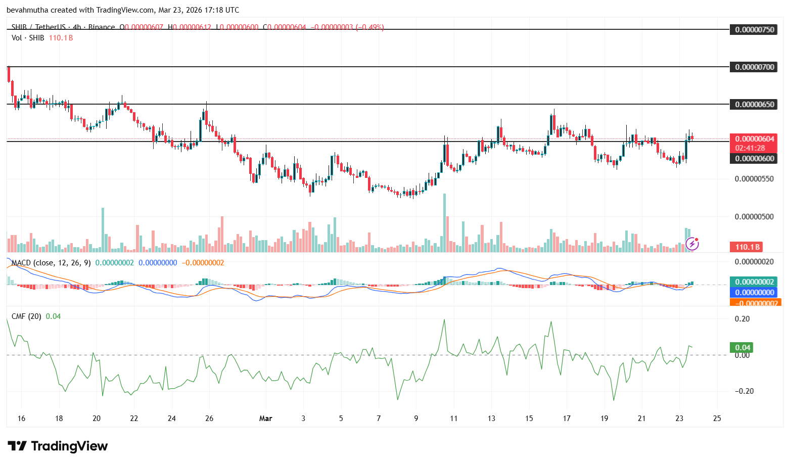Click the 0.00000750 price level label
point(754,29)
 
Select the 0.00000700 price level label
point(754,67)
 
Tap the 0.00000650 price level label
point(754,104)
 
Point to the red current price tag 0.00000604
point(754,138)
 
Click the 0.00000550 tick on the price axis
point(754,179)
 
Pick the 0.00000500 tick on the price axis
point(754,216)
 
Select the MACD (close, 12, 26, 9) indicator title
point(51,263)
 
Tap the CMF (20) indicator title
point(26,316)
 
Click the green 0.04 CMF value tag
point(742,347)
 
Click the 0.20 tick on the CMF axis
point(742,319)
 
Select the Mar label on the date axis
point(265,418)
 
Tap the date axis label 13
point(491,418)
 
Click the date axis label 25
point(717,418)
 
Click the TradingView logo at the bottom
point(58,446)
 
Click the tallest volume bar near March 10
point(445,222)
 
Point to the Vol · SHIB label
point(28,38)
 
